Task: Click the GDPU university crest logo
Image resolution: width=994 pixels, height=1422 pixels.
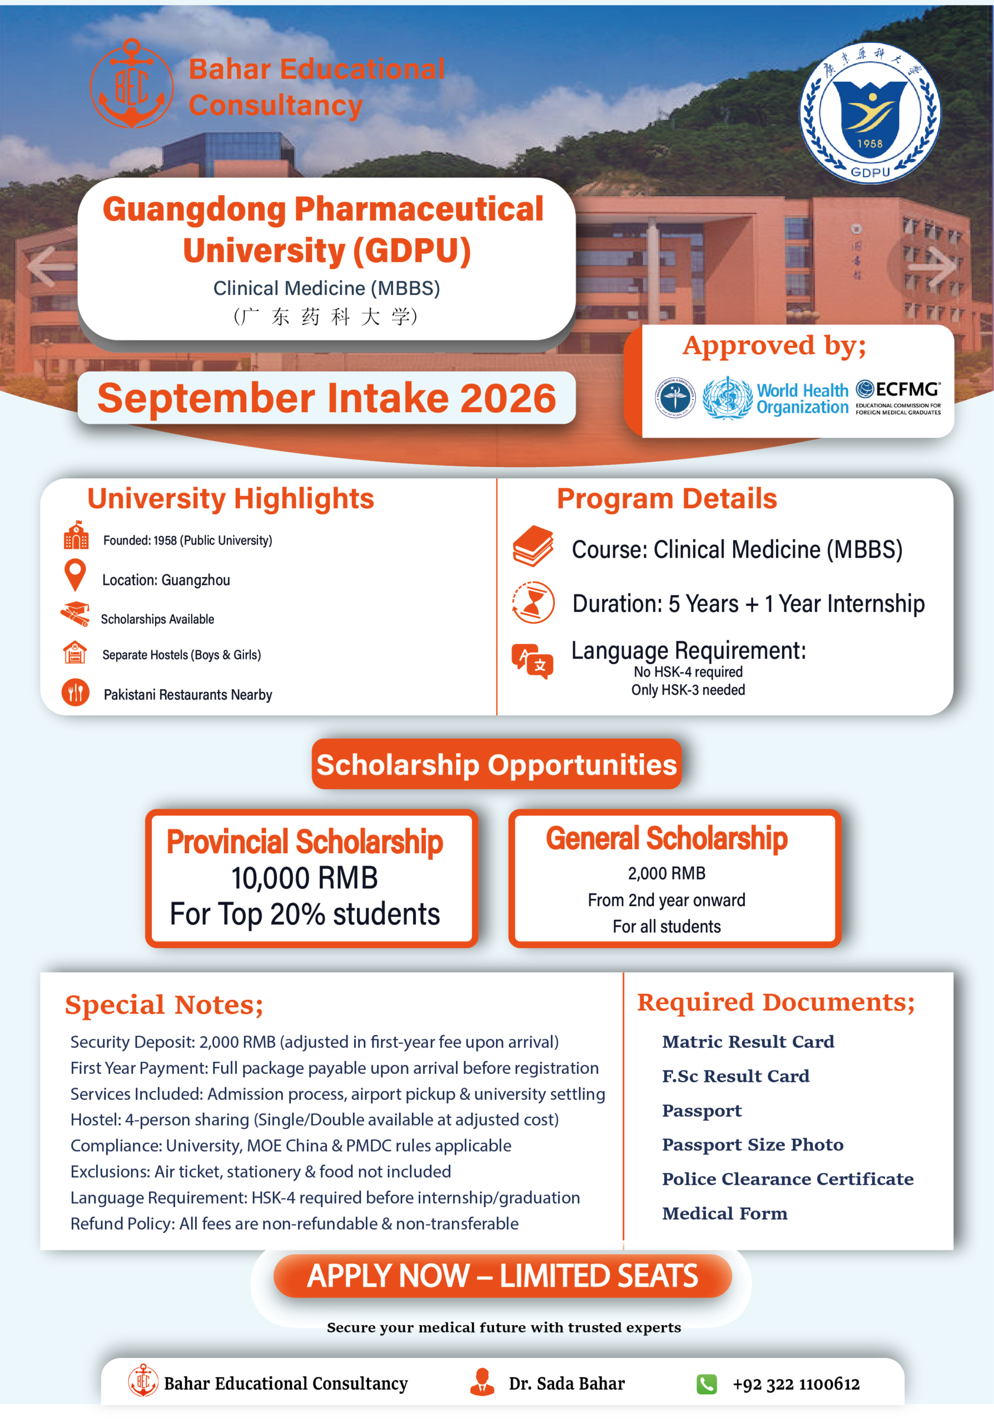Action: (869, 113)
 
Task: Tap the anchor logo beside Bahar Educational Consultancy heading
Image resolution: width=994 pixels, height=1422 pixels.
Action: (131, 84)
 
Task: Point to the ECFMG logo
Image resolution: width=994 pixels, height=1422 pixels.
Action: (898, 397)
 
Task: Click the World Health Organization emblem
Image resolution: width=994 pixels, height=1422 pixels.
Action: (728, 398)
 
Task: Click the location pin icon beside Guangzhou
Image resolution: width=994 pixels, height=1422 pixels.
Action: (75, 575)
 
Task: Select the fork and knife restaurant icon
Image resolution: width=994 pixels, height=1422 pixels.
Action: (76, 693)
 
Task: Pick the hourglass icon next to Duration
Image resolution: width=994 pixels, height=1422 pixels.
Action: (533, 602)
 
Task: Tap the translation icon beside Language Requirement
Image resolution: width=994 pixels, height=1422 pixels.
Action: (533, 661)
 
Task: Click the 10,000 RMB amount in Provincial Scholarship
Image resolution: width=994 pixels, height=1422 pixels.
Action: (304, 878)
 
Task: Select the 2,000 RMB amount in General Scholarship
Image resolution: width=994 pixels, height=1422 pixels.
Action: (666, 873)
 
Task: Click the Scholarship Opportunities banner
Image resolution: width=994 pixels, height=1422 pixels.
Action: (496, 764)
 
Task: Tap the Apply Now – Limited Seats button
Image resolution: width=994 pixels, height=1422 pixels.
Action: (503, 1276)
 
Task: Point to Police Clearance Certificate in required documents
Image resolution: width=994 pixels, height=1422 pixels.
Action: (788, 1179)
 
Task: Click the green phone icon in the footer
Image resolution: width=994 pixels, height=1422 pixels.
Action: (707, 1384)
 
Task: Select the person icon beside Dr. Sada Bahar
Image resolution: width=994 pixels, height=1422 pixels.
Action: (482, 1383)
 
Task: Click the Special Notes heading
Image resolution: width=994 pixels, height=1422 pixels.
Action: (164, 1005)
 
